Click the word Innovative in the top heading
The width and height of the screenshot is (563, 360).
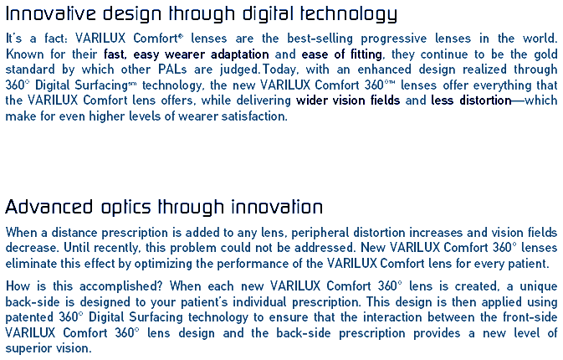51,13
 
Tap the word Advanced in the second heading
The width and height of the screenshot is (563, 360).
49,207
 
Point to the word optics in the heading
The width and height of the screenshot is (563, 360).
126,208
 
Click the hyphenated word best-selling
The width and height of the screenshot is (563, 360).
320,38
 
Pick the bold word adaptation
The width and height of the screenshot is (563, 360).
239,54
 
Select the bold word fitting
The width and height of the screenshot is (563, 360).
366,54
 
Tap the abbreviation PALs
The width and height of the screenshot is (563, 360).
172,69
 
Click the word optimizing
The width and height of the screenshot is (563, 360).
163,264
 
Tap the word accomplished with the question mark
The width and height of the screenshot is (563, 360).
121,286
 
